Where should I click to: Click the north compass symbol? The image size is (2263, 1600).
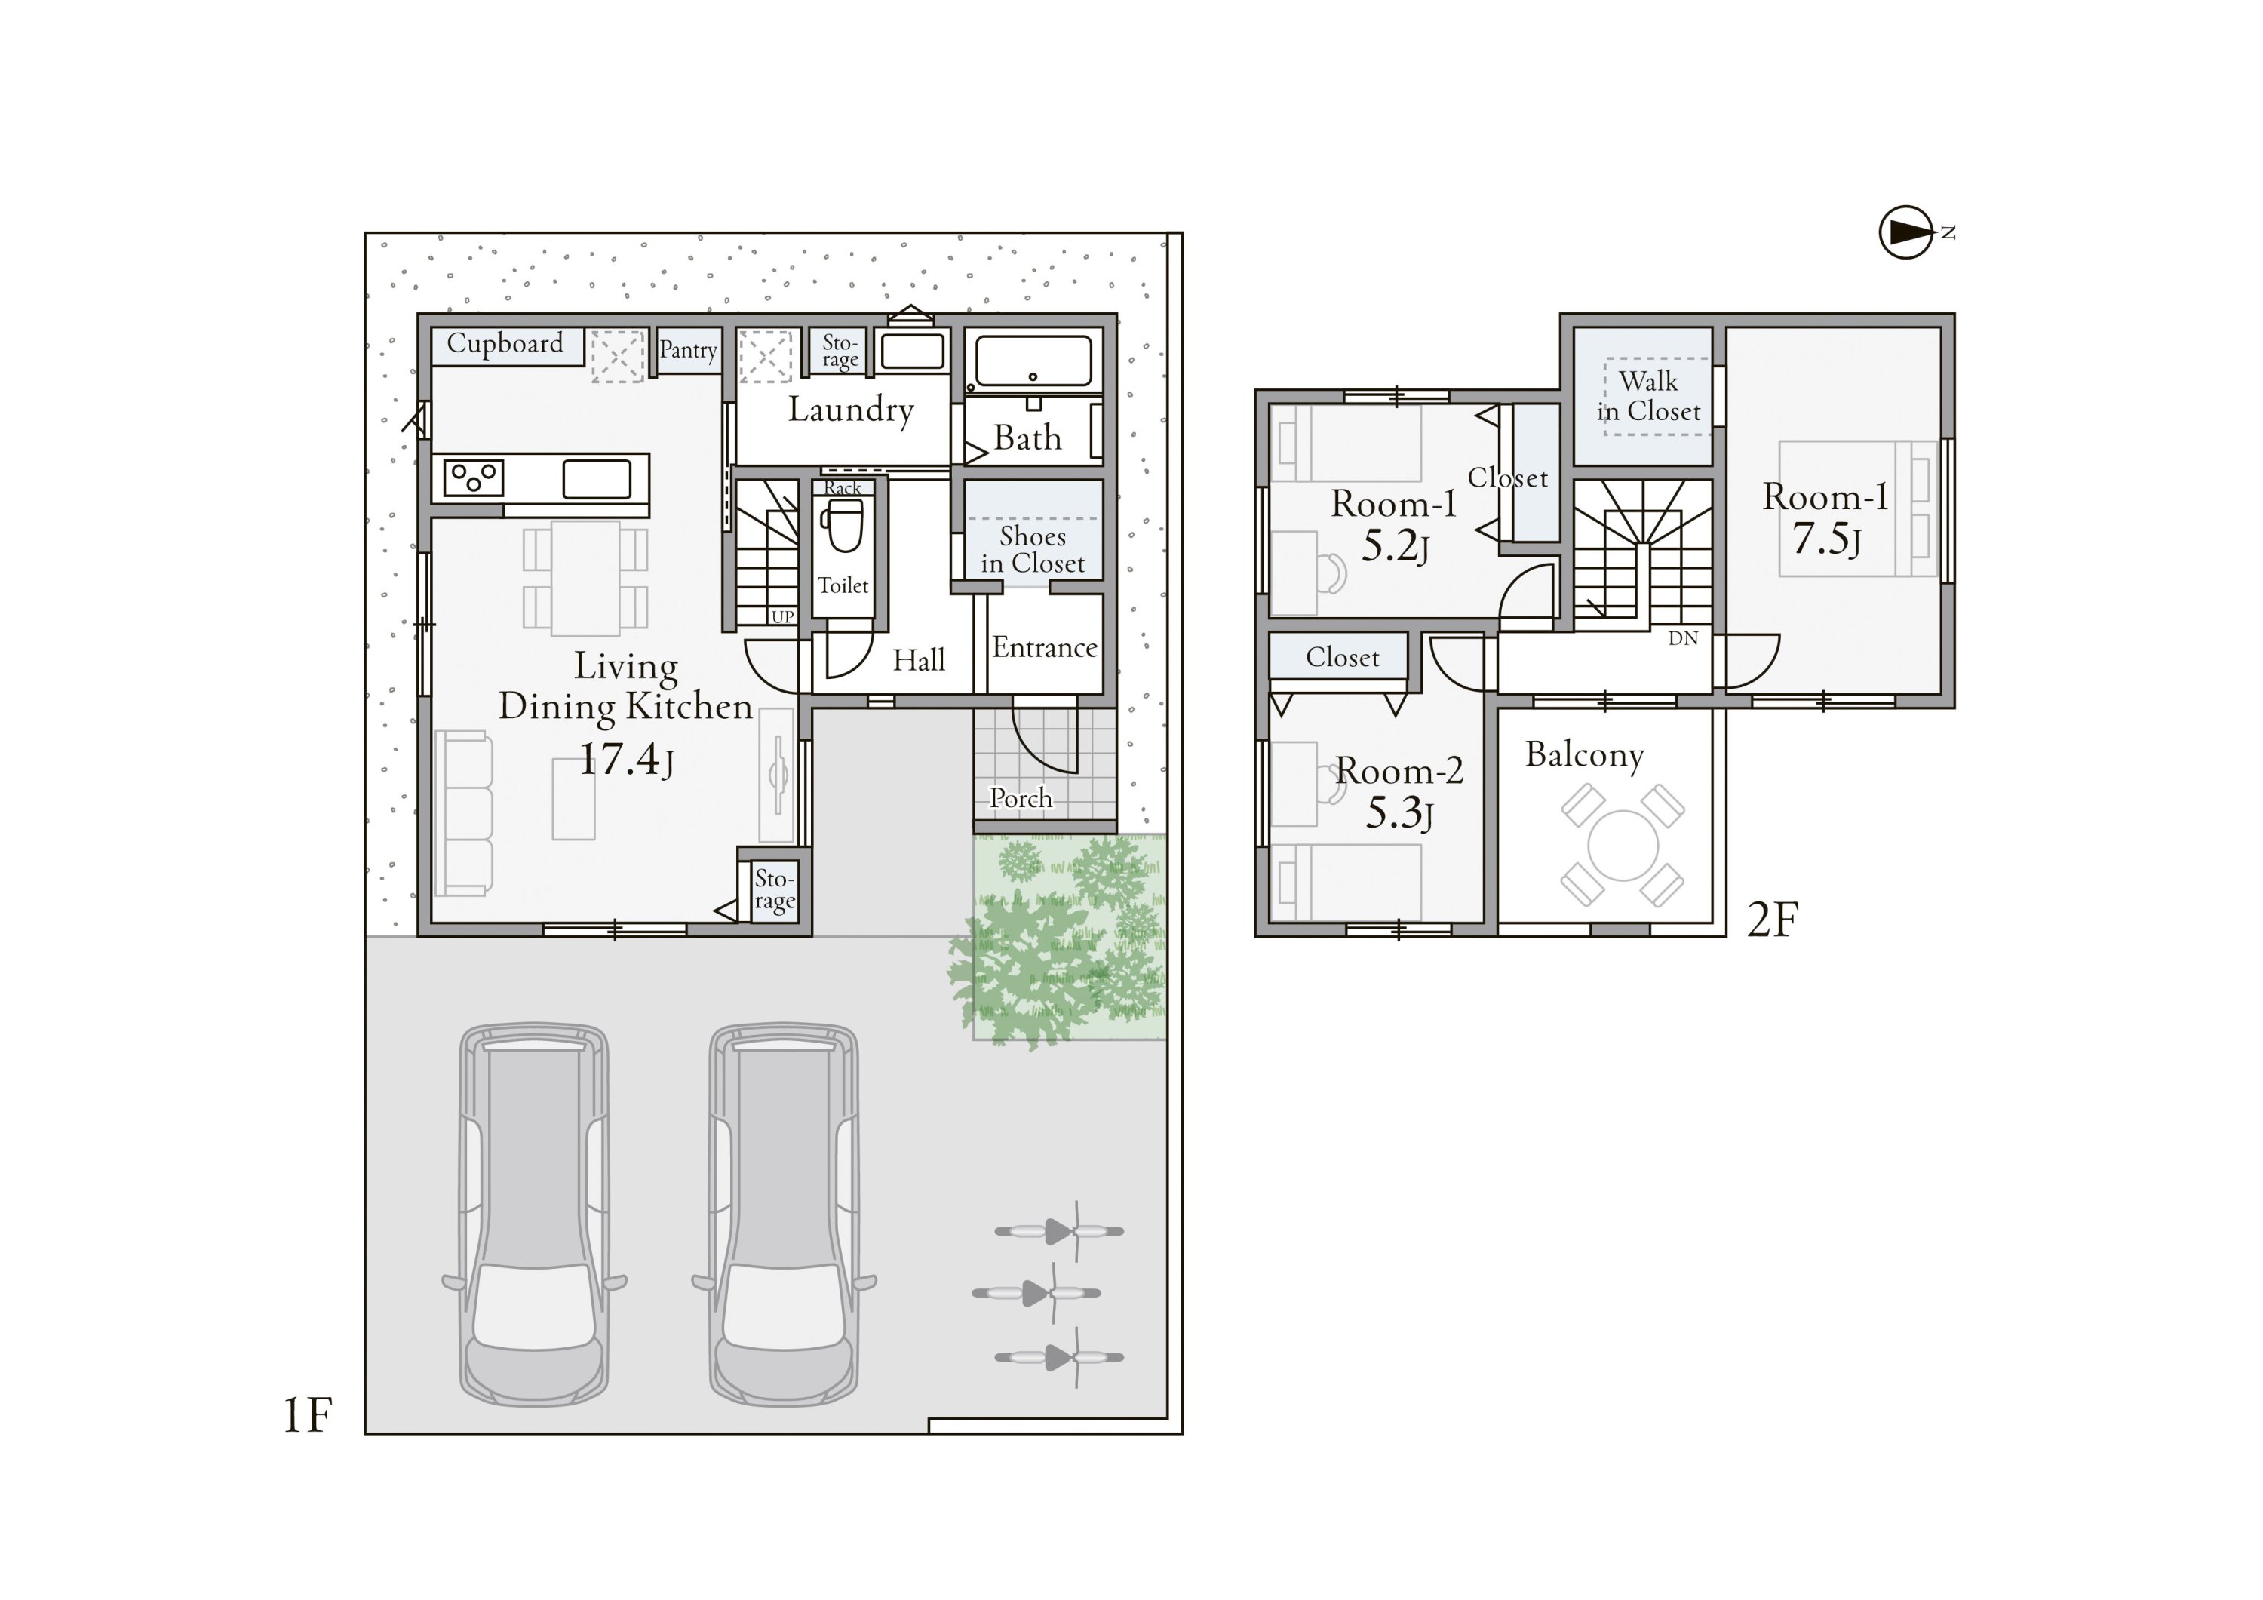pos(1907,232)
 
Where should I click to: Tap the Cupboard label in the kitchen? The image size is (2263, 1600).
pos(505,343)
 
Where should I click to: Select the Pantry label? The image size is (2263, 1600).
pos(688,350)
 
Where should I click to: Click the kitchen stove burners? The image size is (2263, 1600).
pos(474,478)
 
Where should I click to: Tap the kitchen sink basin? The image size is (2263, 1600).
pos(597,479)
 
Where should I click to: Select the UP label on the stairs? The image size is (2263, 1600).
pos(782,617)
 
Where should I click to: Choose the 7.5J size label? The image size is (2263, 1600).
pos(1825,539)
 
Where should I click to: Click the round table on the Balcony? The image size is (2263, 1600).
pos(1623,845)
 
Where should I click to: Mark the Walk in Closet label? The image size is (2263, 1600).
pos(1649,395)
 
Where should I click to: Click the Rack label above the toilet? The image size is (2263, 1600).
pos(843,488)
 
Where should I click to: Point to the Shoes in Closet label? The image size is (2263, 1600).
pos(1033,549)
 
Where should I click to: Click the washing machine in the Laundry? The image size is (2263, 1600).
pos(913,351)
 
